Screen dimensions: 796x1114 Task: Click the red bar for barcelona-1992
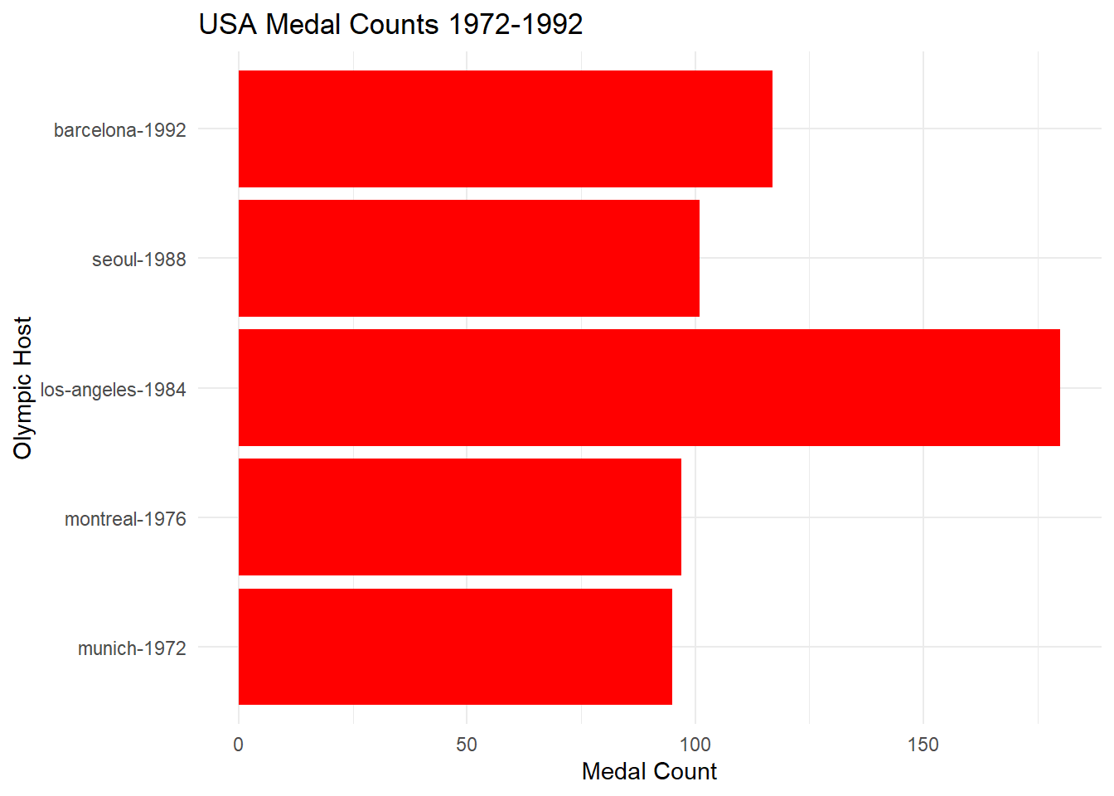coord(505,129)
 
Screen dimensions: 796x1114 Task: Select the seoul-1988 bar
coord(468,258)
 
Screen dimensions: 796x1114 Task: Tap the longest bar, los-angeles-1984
coord(649,387)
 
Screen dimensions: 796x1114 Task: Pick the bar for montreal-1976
coord(459,517)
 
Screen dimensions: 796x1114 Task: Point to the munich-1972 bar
coord(455,647)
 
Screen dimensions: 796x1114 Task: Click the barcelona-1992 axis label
coord(120,130)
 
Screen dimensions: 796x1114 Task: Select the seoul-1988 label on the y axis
coord(139,260)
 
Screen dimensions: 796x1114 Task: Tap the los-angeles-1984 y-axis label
coord(114,390)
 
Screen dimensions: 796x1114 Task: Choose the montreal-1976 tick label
coord(125,519)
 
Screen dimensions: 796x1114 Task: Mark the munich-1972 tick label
coord(132,648)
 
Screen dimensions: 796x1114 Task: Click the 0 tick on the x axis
coord(239,745)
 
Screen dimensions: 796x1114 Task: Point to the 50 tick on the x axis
coord(467,745)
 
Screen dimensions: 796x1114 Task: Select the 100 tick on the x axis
coord(695,745)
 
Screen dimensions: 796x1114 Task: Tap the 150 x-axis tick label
coord(923,745)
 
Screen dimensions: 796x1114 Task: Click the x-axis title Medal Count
coord(649,771)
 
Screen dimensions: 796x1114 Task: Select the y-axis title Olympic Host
coord(22,387)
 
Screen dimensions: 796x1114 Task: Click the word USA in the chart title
coord(228,24)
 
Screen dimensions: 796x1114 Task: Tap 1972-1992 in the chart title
coord(516,24)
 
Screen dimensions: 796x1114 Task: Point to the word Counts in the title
coord(394,24)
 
